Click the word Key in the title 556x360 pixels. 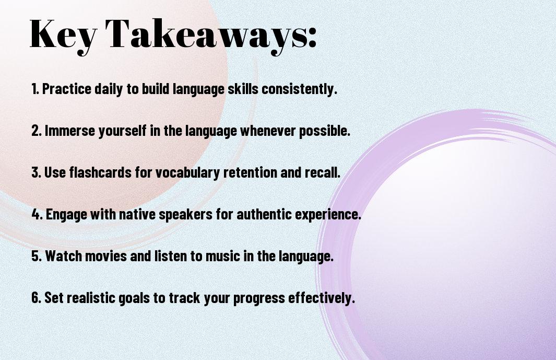pyautogui.click(x=63, y=35)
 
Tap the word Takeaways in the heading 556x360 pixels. pyautogui.click(x=206, y=35)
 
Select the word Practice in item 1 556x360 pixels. pyautogui.click(x=67, y=89)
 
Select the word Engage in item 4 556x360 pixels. pyautogui.click(x=66, y=215)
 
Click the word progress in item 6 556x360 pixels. pyautogui.click(x=259, y=298)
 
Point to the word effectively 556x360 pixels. pyautogui.click(x=322, y=298)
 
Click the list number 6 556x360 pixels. pyautogui.click(x=36, y=297)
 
